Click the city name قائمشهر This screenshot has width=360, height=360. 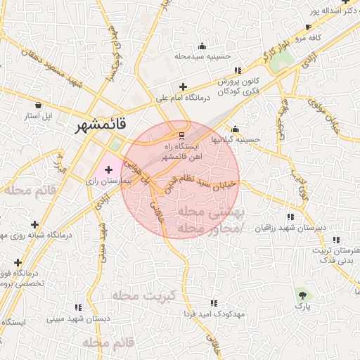[x=103, y=126]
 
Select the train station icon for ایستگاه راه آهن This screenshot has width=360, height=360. [x=181, y=134]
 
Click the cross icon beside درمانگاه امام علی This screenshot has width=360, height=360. [x=183, y=86]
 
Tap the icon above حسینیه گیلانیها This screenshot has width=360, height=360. [x=235, y=129]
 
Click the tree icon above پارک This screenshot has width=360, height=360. [x=303, y=294]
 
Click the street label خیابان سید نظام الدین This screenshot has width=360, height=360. [x=205, y=184]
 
